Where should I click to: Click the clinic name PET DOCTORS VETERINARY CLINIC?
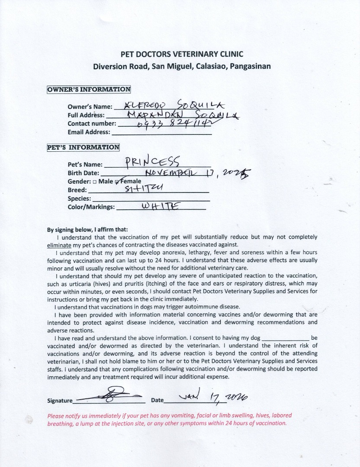(x=181, y=54)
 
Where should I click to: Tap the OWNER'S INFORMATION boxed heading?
(x=89, y=90)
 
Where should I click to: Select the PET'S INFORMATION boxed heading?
(x=83, y=147)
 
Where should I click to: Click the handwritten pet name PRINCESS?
(x=151, y=162)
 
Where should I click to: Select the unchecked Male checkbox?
(x=94, y=182)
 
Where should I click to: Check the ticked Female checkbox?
(x=116, y=182)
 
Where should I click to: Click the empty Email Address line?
(x=161, y=133)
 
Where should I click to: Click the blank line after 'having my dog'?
(x=286, y=337)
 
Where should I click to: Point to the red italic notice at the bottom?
(x=167, y=419)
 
